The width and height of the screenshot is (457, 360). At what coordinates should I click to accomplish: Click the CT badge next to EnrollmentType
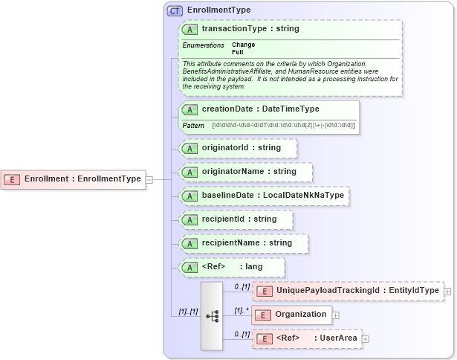point(175,10)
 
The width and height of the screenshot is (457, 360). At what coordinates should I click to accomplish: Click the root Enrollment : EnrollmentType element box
point(74,179)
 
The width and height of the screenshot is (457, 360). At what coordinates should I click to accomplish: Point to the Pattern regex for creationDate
point(283,125)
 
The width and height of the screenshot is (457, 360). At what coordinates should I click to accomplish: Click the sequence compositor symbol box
point(212,315)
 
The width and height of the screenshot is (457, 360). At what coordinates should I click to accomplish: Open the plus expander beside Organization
point(337,315)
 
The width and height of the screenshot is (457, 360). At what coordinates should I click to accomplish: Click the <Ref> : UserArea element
point(308,338)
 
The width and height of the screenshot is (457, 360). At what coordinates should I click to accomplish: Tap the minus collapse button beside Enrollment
point(149,179)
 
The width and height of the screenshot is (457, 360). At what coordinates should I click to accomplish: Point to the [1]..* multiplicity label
point(241,309)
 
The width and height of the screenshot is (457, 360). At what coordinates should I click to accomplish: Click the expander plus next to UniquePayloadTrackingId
point(447,290)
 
